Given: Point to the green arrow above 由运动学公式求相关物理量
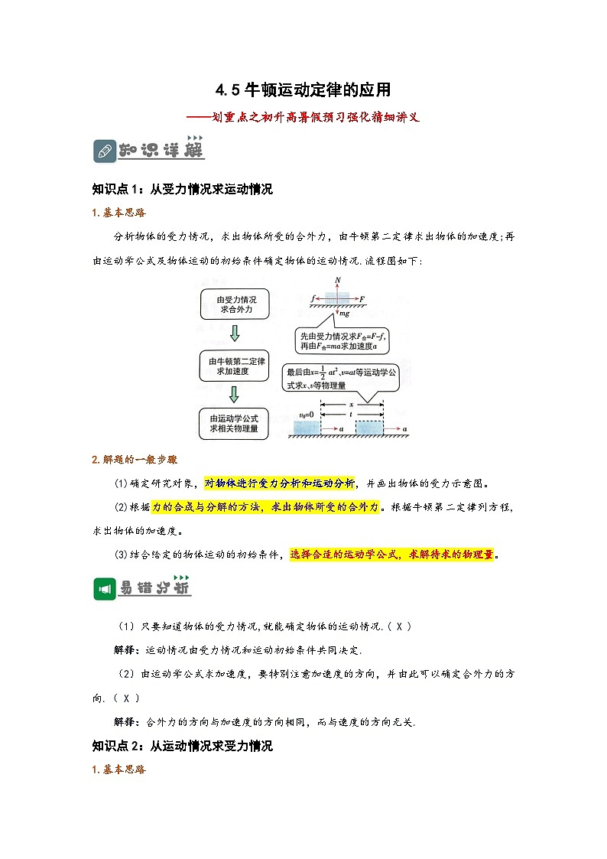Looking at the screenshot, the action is (x=235, y=394).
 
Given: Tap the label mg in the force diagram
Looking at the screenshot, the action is (x=345, y=314).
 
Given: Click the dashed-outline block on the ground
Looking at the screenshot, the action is (x=370, y=428).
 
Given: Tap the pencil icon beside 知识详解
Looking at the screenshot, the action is (x=103, y=151).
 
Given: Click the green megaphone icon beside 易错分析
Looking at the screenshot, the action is (x=103, y=588).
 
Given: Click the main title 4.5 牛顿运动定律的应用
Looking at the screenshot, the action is (x=303, y=90).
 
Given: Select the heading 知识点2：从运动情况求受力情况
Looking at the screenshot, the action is (x=182, y=746).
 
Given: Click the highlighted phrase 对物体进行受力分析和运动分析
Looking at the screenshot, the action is (x=280, y=483).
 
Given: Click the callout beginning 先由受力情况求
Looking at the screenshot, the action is (x=342, y=341).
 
